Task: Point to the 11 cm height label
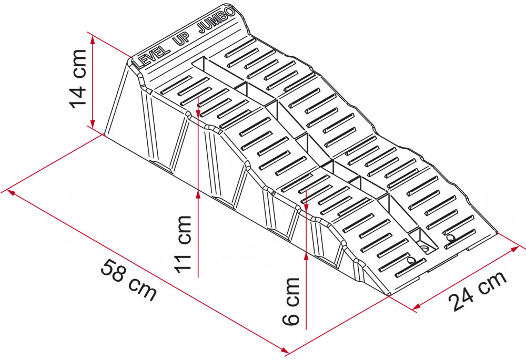tap(183, 244)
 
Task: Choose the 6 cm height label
tap(290, 301)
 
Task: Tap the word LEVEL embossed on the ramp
tap(151, 58)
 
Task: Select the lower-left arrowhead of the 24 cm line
tap(417, 306)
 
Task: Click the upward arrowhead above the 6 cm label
tap(306, 256)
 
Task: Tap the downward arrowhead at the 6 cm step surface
tap(306, 207)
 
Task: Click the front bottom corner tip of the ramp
tap(389, 295)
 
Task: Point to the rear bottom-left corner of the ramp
tap(104, 135)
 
